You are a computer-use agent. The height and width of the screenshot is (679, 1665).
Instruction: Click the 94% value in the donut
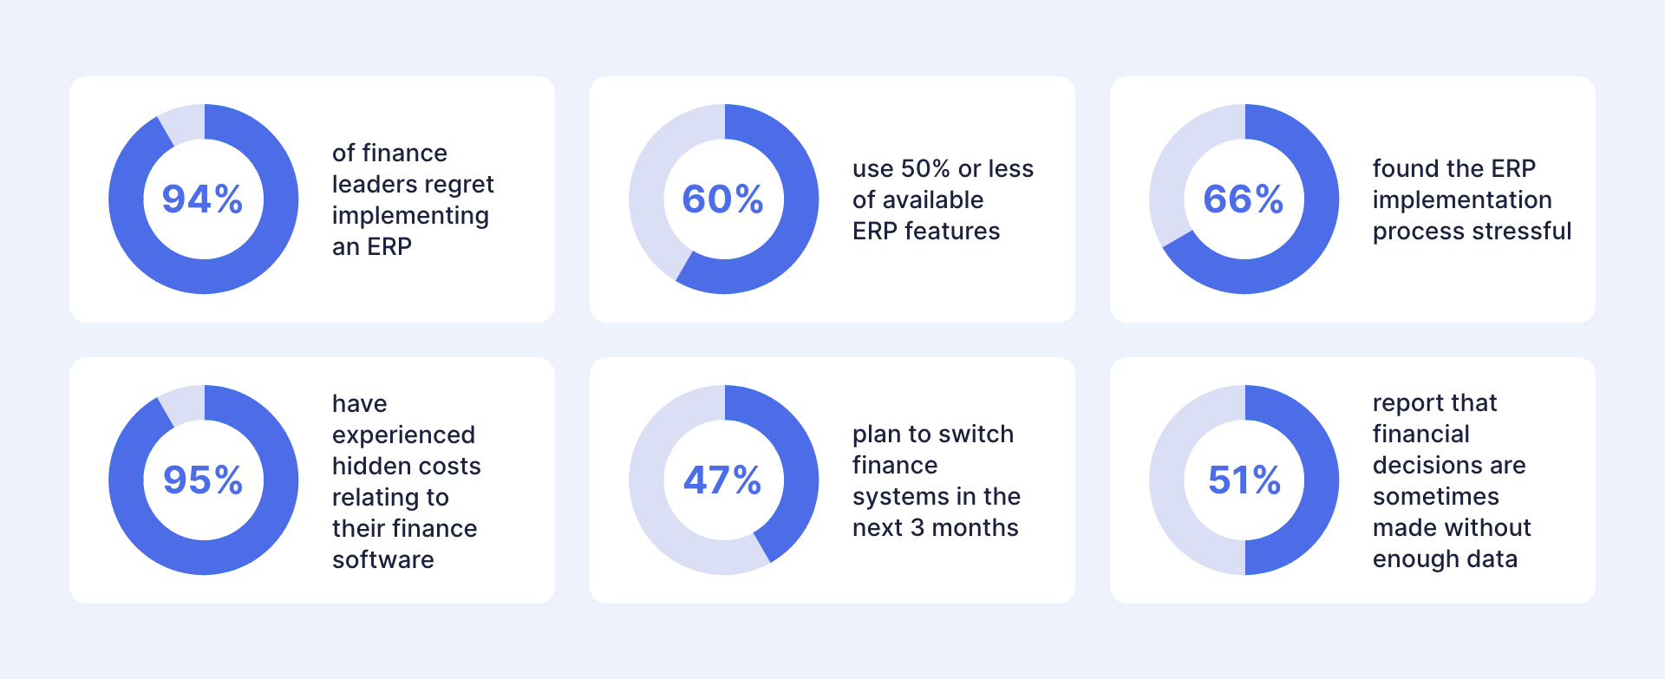(203, 199)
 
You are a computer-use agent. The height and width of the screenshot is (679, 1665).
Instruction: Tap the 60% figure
(723, 199)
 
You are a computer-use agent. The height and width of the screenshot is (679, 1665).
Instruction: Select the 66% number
(1244, 199)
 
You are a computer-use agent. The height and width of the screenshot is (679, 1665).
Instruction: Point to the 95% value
(203, 480)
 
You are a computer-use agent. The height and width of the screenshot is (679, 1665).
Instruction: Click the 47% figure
(723, 480)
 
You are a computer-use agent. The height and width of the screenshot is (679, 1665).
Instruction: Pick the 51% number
(1244, 480)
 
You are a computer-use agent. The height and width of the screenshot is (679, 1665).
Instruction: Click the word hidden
(363, 466)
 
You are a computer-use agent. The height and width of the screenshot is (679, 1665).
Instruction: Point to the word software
(383, 559)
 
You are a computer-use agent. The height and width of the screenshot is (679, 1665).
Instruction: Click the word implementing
(410, 217)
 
